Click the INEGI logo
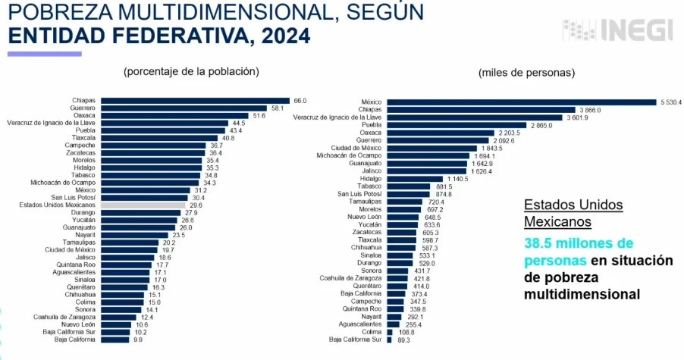point(617,30)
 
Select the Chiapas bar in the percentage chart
point(195,100)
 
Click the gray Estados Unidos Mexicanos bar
point(143,205)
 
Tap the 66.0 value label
point(300,100)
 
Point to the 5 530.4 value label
point(671,102)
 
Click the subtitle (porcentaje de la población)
point(191,71)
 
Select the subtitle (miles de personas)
point(526,73)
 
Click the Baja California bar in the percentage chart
point(115,340)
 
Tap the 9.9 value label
point(138,340)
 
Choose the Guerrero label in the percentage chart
point(82,108)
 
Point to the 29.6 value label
point(196,205)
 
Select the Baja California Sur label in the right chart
point(355,340)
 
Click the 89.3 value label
point(403,340)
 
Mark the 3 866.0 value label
point(586,110)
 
